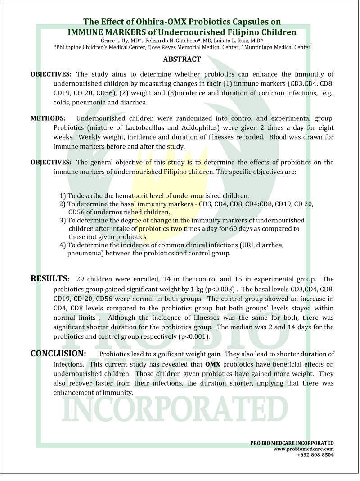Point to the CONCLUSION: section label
coord(58,354)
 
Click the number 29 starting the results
coord(81,279)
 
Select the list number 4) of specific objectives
coord(63,245)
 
